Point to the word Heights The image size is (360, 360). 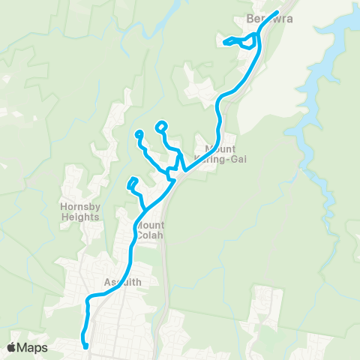[x=81, y=217]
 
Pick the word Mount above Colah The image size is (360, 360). [x=151, y=223]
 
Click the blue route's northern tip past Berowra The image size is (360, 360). [x=277, y=12]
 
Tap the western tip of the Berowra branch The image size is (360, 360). [x=225, y=43]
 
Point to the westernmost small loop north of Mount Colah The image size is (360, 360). [x=139, y=135]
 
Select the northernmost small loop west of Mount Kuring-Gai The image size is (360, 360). [x=161, y=126]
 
